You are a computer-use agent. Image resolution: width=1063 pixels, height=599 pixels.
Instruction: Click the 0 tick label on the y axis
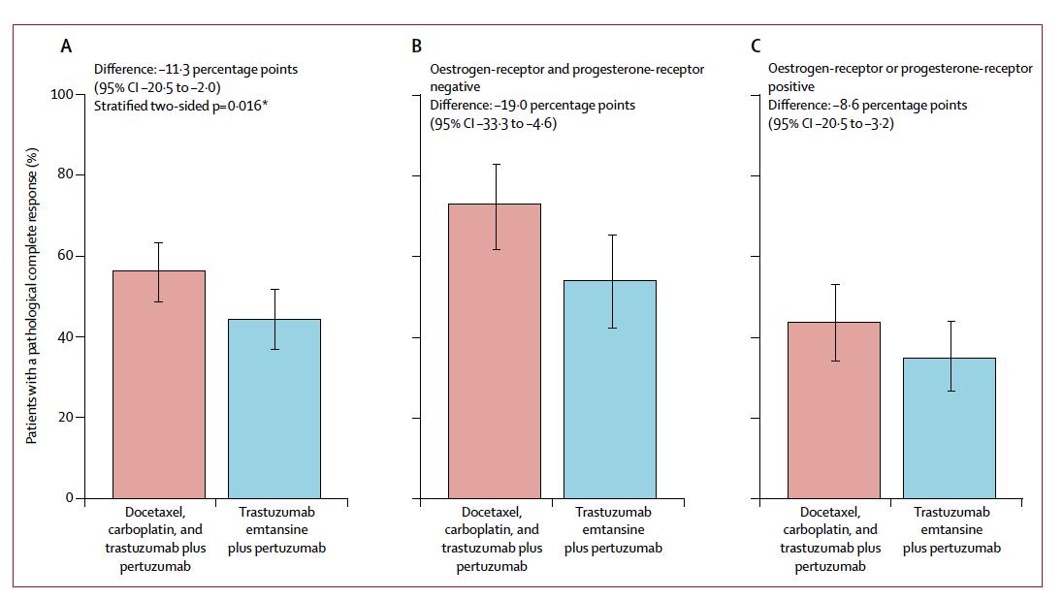click(x=69, y=498)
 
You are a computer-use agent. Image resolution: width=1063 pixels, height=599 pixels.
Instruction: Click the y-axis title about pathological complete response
click(x=32, y=297)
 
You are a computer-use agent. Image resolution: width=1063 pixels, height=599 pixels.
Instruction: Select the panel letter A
click(x=66, y=46)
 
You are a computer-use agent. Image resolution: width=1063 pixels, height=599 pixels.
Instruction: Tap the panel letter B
click(x=416, y=46)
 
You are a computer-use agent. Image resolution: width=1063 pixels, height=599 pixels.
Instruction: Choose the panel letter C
click(x=757, y=46)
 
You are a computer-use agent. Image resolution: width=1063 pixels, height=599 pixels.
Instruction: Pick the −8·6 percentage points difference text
click(x=867, y=105)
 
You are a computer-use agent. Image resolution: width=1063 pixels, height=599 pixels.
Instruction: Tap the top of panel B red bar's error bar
click(x=495, y=165)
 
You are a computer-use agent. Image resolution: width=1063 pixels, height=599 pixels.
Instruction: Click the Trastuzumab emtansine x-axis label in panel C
click(x=951, y=529)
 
